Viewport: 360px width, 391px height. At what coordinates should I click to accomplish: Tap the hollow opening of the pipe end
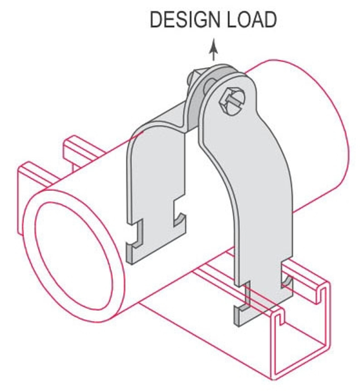tap(73, 257)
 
